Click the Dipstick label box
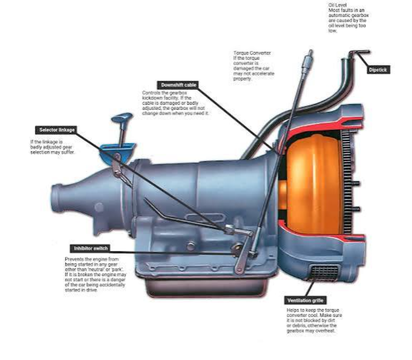point(378,69)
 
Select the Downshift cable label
point(178,85)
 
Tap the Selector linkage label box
point(57,130)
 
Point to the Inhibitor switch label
point(91,249)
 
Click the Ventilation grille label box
point(305,301)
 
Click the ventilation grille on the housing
point(325,273)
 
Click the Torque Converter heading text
point(252,53)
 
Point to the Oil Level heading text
point(337,5)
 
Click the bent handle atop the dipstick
point(359,53)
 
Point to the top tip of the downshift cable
point(311,50)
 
